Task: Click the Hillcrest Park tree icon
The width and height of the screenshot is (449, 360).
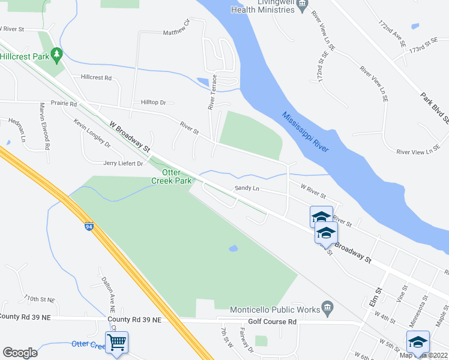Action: click(57, 55)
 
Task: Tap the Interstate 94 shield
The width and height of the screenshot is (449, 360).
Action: click(89, 227)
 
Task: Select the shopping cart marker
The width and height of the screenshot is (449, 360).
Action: click(116, 343)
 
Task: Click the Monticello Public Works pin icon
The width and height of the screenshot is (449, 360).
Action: click(327, 309)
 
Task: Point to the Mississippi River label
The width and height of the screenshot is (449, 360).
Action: click(306, 132)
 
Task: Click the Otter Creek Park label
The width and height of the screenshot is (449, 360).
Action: click(171, 176)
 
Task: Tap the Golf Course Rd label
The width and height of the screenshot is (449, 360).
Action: click(273, 322)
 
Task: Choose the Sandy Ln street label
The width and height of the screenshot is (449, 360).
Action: click(247, 188)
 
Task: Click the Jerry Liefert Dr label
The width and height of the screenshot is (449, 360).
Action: click(123, 163)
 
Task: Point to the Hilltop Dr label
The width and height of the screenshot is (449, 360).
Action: click(153, 103)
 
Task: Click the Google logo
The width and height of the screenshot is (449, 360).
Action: click(20, 353)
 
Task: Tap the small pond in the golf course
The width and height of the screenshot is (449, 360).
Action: click(234, 248)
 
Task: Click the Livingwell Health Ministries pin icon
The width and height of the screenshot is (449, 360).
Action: click(302, 4)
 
